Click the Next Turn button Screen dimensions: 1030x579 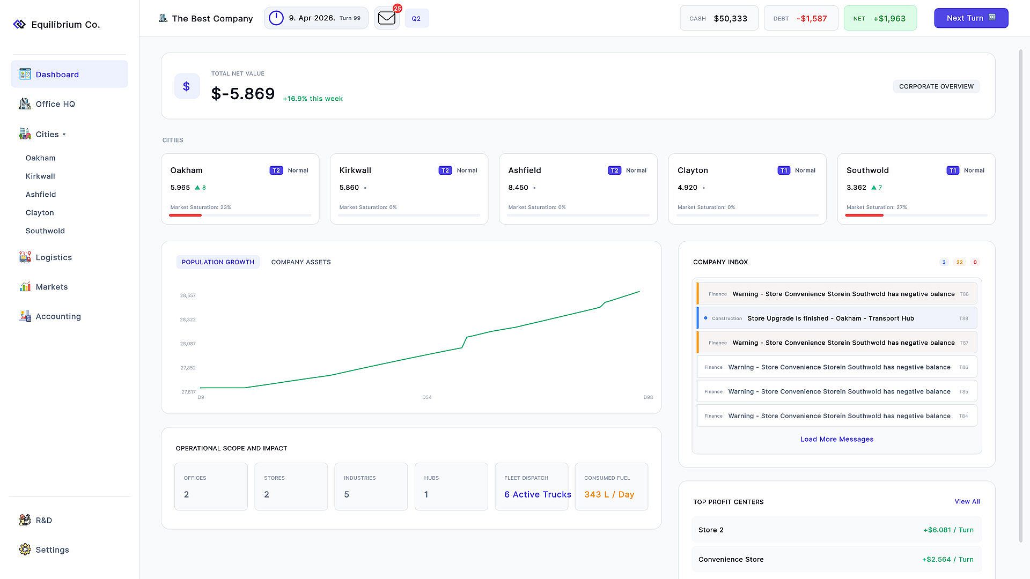point(971,18)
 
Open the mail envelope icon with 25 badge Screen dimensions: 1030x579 point(387,18)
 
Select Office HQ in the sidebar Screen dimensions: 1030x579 point(55,104)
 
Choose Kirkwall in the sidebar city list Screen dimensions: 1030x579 point(40,176)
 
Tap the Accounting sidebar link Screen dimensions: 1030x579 point(58,316)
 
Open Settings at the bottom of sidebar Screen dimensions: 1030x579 point(52,550)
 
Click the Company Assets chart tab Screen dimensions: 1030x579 point(301,262)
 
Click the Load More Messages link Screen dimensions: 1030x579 point(837,439)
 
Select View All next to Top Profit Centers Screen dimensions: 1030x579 point(967,502)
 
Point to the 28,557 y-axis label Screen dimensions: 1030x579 point(188,295)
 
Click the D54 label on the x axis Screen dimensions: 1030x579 point(427,397)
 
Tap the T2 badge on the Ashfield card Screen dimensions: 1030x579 point(614,170)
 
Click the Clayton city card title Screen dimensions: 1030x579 point(693,170)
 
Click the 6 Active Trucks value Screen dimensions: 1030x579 point(538,494)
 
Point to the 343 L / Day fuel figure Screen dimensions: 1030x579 point(609,494)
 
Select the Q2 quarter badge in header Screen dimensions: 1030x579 point(416,18)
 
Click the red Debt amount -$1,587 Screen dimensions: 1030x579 point(812,18)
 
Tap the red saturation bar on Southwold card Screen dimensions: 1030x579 point(864,215)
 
